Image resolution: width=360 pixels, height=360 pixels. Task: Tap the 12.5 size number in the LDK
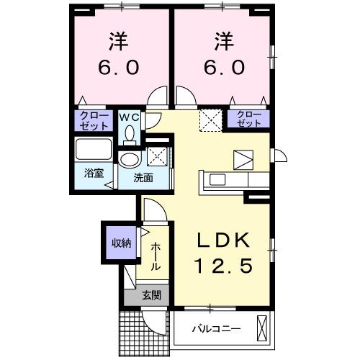tap(222, 266)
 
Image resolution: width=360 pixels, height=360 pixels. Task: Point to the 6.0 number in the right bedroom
tap(222, 66)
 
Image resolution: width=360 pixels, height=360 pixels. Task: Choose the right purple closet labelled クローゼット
tap(248, 120)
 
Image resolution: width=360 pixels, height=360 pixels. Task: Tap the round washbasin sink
tap(130, 159)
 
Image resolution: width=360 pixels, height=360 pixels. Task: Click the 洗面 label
tap(142, 178)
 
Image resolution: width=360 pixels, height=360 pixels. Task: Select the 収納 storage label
tap(120, 243)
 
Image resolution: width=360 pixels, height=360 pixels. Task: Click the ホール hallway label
tap(156, 256)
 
